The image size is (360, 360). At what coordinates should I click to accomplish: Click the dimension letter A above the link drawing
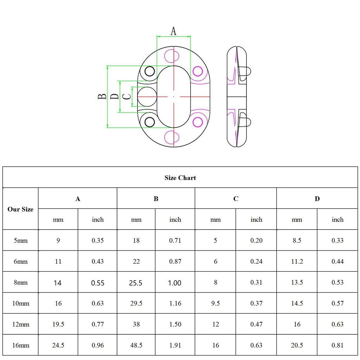tap(173, 31)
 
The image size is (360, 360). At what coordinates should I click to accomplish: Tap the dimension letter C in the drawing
tap(127, 96)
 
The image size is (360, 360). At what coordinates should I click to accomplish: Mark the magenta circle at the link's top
tap(172, 56)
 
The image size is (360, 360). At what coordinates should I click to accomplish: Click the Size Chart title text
tap(180, 178)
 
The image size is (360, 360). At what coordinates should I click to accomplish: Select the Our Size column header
tap(20, 209)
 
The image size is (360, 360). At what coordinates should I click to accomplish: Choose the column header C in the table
tap(236, 199)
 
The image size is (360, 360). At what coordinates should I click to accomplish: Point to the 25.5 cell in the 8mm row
tap(136, 283)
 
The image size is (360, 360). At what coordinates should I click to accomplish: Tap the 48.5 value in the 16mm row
tap(136, 345)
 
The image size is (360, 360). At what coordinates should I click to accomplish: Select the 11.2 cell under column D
tap(297, 262)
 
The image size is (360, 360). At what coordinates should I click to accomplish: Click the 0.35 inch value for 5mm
tap(98, 241)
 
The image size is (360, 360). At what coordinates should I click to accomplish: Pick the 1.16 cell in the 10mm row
tap(175, 303)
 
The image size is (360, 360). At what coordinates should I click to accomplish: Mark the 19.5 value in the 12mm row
tap(58, 324)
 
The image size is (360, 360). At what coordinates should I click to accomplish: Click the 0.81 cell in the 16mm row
tap(337, 345)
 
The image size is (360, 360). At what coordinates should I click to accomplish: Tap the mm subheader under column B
tap(136, 220)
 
